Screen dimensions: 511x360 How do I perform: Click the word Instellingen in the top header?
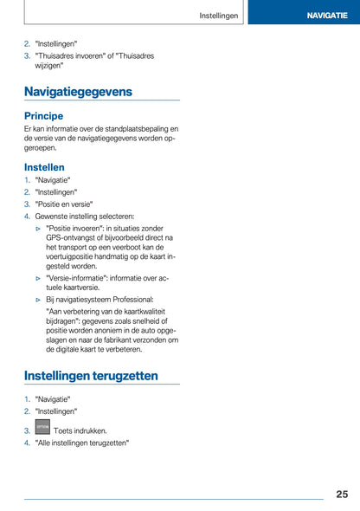[219, 16]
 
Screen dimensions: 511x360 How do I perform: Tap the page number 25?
[342, 494]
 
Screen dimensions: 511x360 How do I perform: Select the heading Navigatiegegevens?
[79, 91]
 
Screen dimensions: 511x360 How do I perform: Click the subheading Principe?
[44, 115]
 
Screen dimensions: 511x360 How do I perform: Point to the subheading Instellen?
[44, 166]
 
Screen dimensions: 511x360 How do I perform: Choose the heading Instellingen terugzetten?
[91, 376]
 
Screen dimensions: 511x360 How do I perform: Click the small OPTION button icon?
[42, 429]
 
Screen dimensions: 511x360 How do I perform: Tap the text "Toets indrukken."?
[80, 430]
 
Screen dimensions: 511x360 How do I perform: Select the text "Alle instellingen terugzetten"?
[82, 443]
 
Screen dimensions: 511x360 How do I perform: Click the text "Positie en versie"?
[64, 204]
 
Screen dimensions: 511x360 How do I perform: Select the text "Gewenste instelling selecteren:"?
[85, 217]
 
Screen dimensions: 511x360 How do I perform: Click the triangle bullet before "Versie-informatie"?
[39, 278]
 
